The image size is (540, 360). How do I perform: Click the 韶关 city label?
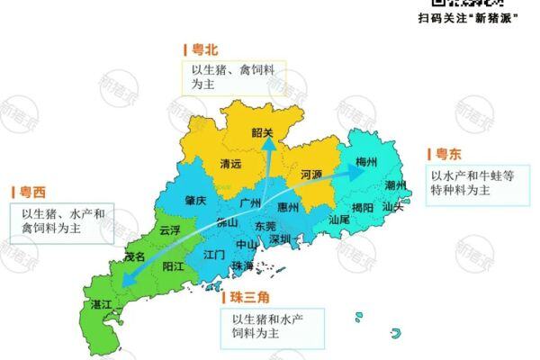262,132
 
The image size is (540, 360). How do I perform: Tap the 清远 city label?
231,164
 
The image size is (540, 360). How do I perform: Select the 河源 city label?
311,173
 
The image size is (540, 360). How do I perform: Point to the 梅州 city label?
366,162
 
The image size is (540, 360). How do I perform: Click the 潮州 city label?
395,185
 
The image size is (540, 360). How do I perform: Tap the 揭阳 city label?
363,207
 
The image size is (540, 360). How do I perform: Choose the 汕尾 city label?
339,219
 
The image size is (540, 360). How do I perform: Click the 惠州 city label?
288,206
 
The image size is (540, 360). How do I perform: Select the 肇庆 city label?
196,200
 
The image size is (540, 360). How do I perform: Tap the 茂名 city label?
134,256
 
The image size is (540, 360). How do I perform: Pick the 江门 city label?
214,255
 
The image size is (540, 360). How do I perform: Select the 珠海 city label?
242,266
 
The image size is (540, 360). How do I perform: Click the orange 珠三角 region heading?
248,296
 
